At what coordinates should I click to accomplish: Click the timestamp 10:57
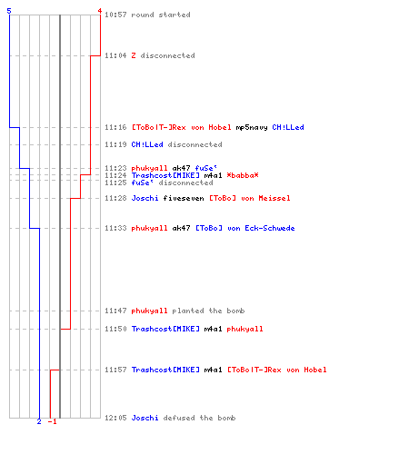coord(115,15)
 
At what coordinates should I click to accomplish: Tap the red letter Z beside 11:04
coord(134,55)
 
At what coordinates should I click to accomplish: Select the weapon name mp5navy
coord(252,127)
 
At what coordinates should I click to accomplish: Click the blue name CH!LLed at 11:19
coord(147,144)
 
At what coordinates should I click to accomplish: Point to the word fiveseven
coord(184,198)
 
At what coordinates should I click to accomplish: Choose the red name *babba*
coord(243,175)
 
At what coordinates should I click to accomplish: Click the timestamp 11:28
coord(115,198)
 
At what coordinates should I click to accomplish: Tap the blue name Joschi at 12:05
coord(145,418)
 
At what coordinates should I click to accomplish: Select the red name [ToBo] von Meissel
coord(250,198)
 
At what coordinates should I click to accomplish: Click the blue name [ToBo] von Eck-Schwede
coord(245,228)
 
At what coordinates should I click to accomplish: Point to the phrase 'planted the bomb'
coord(208,311)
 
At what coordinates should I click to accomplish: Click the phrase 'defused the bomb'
coord(199,418)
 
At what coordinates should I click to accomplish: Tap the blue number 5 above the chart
coord(9,11)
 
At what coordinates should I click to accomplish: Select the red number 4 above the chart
coord(100,11)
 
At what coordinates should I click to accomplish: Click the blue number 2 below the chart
coord(39,421)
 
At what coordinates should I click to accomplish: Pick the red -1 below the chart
coord(52,421)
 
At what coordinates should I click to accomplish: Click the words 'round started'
coord(161,15)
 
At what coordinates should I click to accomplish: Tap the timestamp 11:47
coord(115,311)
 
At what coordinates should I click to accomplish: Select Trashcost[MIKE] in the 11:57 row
coord(165,370)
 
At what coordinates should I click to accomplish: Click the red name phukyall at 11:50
coord(244,329)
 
